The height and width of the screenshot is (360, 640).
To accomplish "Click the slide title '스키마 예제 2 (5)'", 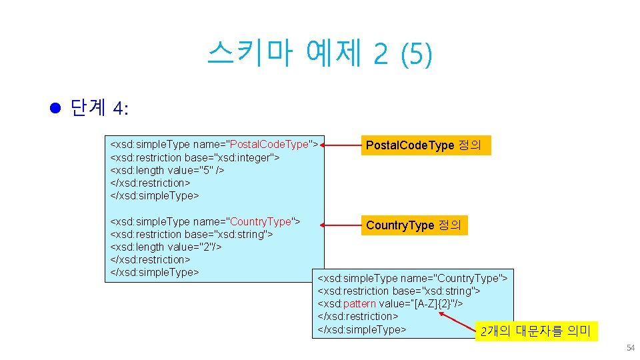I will pos(319,53).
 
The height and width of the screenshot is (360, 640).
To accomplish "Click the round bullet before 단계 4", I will pos(56,108).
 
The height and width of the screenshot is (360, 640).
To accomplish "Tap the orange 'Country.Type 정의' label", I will pos(413,225).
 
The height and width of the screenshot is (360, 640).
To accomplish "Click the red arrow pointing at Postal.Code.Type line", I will pos(341,144).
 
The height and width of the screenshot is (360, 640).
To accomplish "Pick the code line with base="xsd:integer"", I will pos(195,157).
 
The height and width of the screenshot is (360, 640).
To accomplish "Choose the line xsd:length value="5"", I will pos(167,170).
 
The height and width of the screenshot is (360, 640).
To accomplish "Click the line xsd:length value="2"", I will pos(165,247).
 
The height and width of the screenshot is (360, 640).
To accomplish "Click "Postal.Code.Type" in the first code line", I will pos(269,144).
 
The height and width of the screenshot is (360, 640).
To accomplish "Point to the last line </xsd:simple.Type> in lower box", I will pos(362,329).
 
